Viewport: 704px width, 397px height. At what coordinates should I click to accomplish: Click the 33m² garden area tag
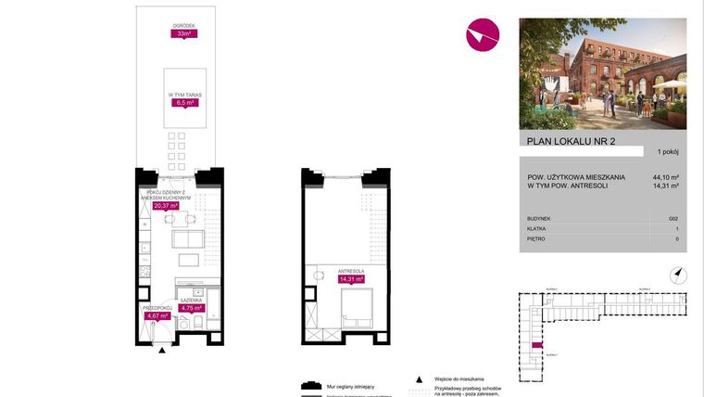(x=182, y=34)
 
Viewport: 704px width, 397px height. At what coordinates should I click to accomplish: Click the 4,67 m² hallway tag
(x=157, y=315)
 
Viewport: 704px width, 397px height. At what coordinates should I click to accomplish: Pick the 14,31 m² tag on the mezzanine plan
(x=351, y=278)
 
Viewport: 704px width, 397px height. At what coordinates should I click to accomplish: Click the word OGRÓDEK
(x=182, y=26)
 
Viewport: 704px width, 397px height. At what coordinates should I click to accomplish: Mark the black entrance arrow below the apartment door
(x=163, y=350)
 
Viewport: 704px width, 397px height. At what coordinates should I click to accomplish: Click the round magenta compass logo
(x=483, y=35)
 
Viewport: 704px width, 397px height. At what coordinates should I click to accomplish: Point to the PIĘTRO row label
(x=534, y=238)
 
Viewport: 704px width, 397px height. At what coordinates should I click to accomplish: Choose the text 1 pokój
(x=667, y=151)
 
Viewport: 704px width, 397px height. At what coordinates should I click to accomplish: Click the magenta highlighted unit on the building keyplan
(x=536, y=345)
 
